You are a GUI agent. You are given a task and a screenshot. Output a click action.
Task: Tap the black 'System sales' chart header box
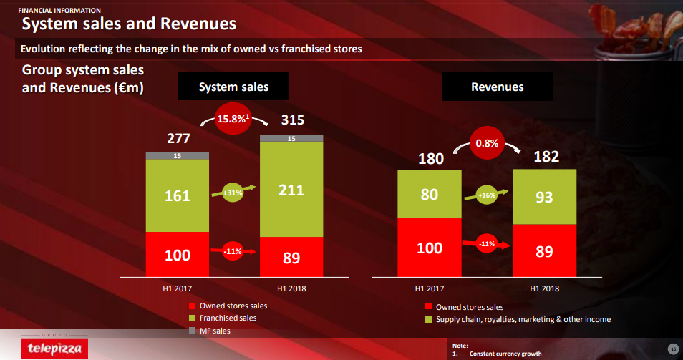tap(233, 87)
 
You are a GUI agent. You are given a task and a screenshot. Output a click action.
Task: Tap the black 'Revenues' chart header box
tap(497, 87)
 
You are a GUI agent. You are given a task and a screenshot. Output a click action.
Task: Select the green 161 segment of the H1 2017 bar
tap(178, 195)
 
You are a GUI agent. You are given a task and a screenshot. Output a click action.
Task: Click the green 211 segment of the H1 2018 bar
tap(291, 189)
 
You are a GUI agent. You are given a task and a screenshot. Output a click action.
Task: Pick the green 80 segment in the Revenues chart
tap(430, 193)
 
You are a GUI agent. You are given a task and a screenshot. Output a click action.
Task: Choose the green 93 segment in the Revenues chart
tap(544, 197)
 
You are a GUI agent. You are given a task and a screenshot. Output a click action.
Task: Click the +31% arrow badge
tap(233, 193)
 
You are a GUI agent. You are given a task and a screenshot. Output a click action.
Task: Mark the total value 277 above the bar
tap(178, 138)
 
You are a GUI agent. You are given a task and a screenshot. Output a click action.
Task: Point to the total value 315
tap(292, 120)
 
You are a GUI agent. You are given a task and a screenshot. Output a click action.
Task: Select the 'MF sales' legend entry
tap(215, 331)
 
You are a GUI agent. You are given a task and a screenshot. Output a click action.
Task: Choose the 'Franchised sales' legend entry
tap(227, 318)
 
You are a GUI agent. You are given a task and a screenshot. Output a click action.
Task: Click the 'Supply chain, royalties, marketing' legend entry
tap(523, 319)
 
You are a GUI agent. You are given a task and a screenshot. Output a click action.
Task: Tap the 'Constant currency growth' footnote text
tap(505, 354)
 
